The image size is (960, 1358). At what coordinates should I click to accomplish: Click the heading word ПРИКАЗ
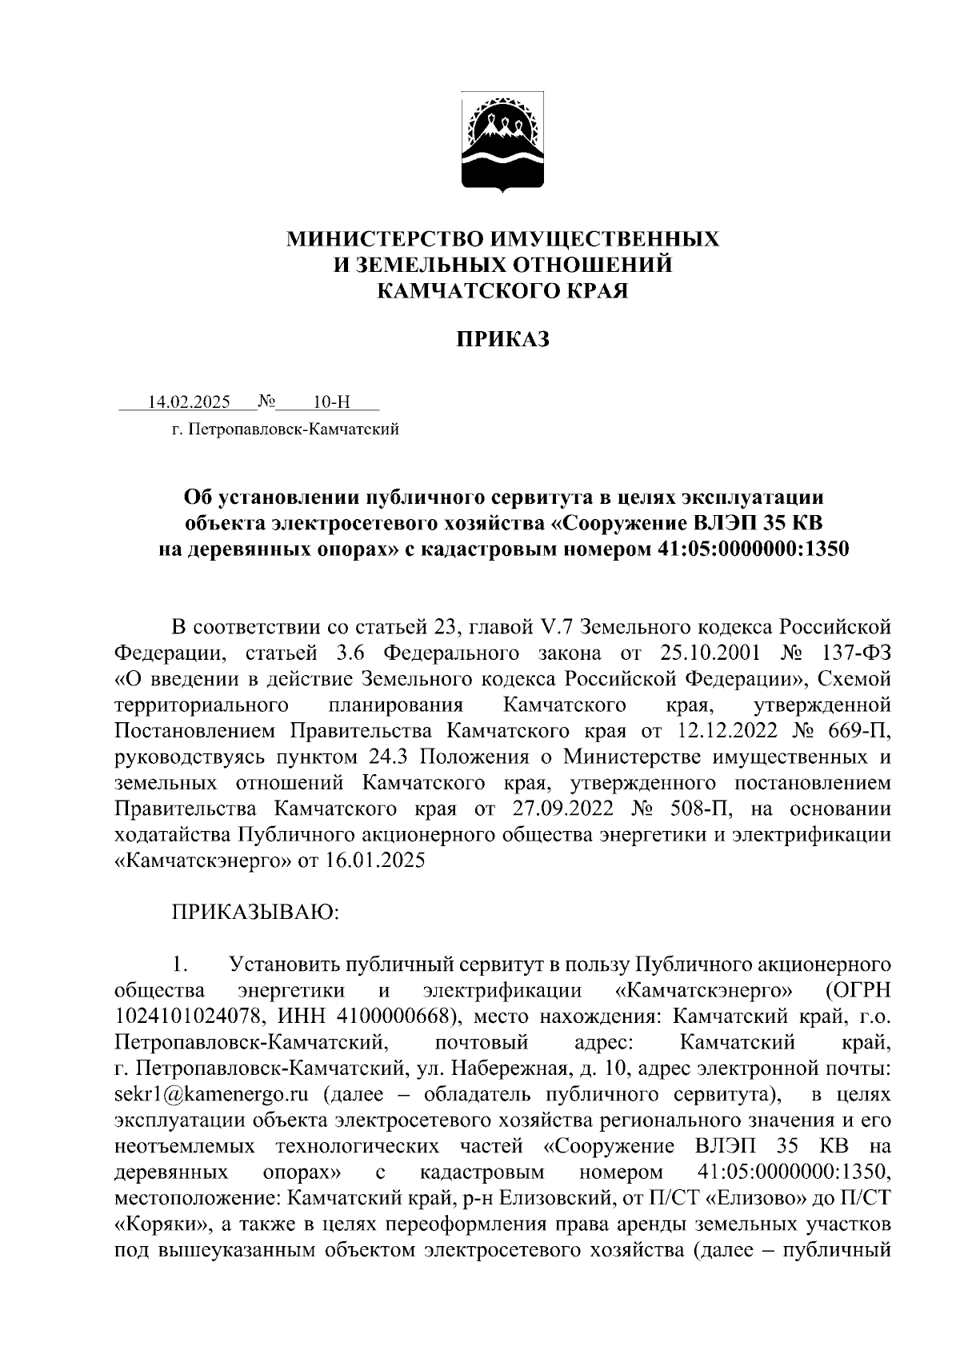click(503, 340)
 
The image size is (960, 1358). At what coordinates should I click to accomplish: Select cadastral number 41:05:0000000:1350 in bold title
click(747, 549)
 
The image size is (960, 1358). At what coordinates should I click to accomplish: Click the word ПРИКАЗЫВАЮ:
click(256, 913)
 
